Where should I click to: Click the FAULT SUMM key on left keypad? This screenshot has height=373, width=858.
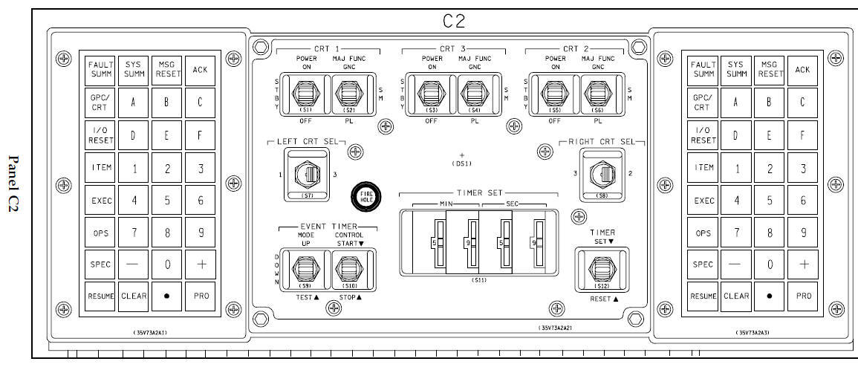(x=101, y=70)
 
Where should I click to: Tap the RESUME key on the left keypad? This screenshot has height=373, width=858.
(x=101, y=296)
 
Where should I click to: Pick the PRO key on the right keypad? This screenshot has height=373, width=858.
(x=802, y=296)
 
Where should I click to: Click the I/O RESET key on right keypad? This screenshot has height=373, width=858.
(x=703, y=136)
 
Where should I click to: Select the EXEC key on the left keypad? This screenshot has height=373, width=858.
(x=101, y=200)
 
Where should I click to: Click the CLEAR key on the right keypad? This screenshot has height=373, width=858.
(x=736, y=296)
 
